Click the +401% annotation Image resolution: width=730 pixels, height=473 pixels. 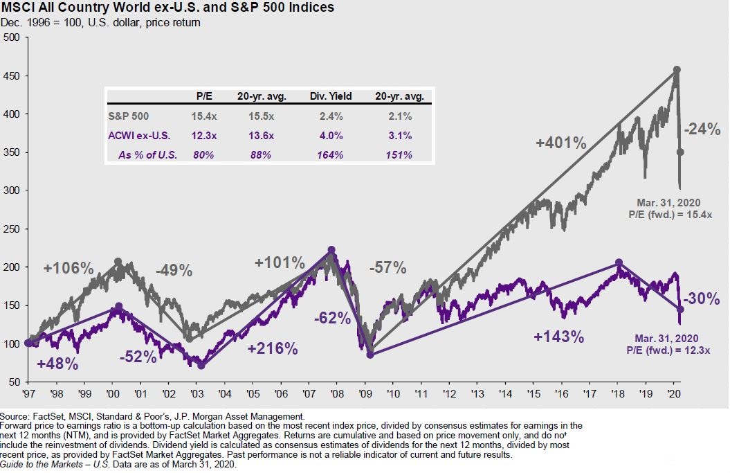pyautogui.click(x=561, y=143)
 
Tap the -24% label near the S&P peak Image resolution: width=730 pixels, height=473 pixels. pyautogui.click(x=702, y=129)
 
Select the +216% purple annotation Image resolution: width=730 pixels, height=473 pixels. pyautogui.click(x=273, y=348)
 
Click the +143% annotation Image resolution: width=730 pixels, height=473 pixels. pyautogui.click(x=559, y=337)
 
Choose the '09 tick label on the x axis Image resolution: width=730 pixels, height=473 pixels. pyautogui.click(x=365, y=393)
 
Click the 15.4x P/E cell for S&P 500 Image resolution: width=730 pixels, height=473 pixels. pyautogui.click(x=203, y=116)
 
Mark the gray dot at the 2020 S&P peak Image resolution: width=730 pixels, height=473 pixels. pyautogui.click(x=677, y=69)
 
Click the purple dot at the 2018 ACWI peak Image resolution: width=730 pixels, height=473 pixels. pyautogui.click(x=619, y=262)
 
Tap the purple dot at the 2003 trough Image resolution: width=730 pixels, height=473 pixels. pyautogui.click(x=201, y=365)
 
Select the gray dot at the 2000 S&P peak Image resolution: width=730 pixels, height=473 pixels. pyautogui.click(x=118, y=262)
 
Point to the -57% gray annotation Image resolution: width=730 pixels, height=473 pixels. pyautogui.click(x=387, y=268)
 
